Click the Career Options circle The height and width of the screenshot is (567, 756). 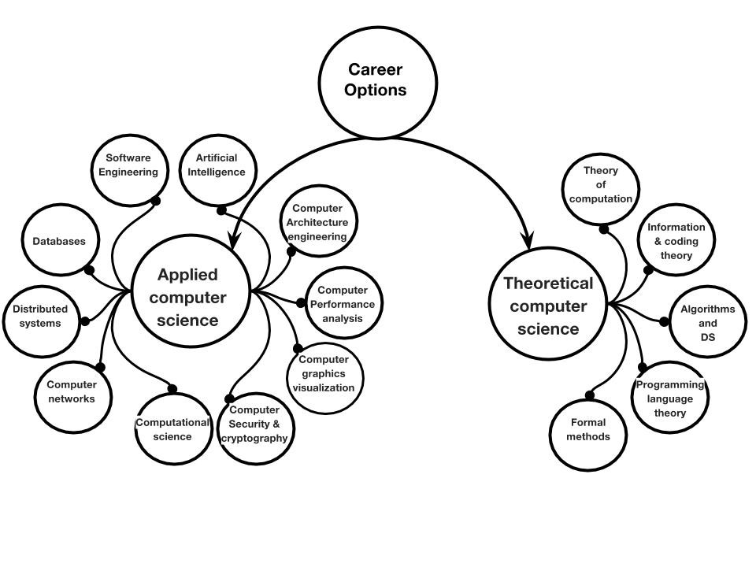377,80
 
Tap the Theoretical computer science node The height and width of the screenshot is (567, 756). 548,306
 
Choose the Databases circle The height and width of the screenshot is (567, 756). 59,242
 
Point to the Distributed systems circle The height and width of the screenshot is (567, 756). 40,316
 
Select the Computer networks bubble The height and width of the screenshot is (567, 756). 72,392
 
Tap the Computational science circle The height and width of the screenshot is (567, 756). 173,429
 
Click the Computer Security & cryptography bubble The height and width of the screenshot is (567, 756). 254,425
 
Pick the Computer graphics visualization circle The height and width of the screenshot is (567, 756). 324,374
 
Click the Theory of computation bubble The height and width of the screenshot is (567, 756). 601,185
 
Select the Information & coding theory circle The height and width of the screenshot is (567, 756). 676,240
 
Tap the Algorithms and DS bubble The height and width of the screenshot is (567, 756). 706,323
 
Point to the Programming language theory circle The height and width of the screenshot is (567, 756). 670,398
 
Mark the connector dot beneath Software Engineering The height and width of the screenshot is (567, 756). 156,201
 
